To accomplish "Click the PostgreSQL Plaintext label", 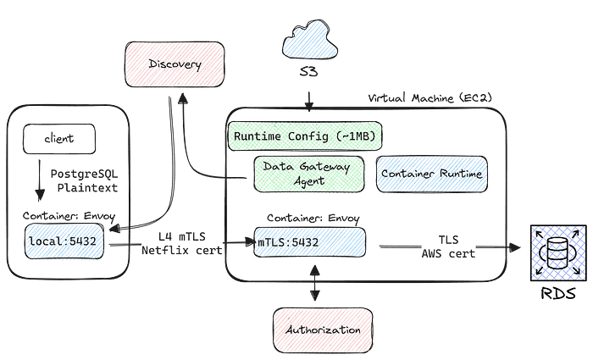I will pos(83,180).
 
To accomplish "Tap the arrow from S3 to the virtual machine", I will pos(310,100).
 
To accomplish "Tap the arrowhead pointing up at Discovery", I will pos(180,98).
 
